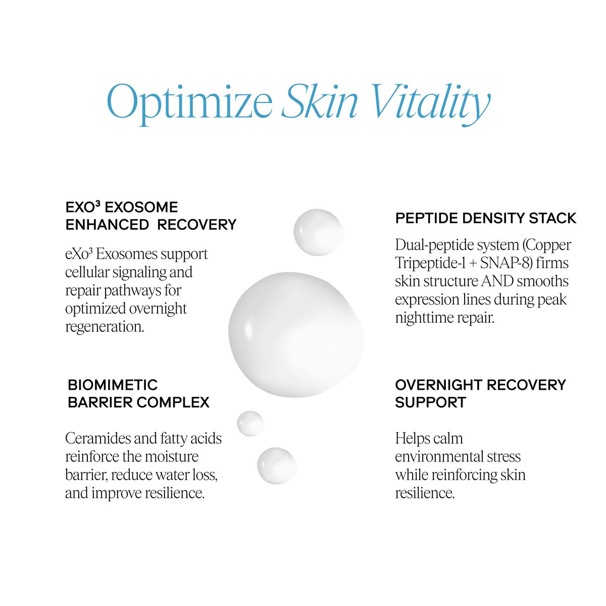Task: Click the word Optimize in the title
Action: [189, 103]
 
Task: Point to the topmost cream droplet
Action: [319, 232]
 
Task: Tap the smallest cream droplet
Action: [250, 423]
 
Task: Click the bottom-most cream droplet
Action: [277, 466]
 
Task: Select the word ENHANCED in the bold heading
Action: [107, 225]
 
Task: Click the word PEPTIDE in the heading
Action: [427, 218]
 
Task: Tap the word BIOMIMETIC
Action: [113, 385]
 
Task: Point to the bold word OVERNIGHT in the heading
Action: [438, 385]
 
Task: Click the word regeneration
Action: [105, 327]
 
